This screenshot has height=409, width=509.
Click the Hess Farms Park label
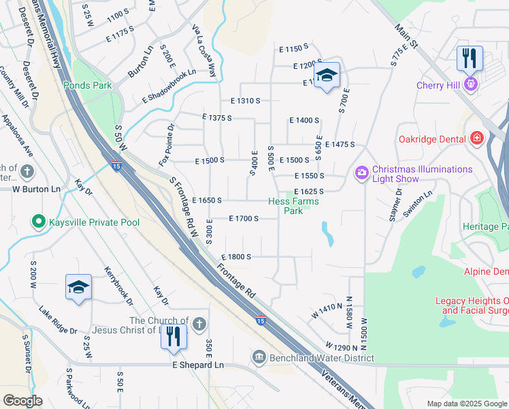[294, 206]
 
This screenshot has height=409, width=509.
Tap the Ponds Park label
[87, 85]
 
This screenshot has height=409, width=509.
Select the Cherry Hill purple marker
[470, 85]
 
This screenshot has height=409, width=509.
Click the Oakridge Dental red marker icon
[476, 139]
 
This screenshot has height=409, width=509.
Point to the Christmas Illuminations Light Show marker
[360, 174]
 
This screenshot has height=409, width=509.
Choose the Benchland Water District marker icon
[259, 357]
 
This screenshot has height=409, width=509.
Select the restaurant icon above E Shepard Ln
[174, 337]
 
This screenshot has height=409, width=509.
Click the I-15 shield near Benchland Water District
[261, 320]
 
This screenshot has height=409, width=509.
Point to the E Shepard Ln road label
[197, 365]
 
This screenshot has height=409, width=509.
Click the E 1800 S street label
[236, 257]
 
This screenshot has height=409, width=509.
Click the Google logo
[22, 400]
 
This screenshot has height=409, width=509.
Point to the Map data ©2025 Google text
[467, 404]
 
